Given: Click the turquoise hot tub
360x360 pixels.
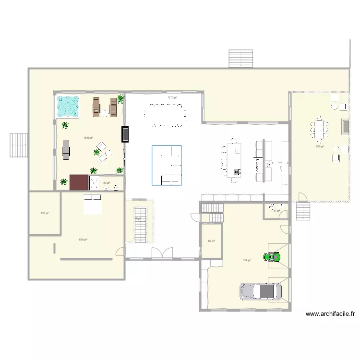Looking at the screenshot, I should [x=68, y=106].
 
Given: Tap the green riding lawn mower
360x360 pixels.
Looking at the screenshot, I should [x=272, y=257].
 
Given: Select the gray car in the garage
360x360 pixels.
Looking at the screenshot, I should [x=261, y=291].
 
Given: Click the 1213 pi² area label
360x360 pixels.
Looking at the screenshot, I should [x=172, y=97].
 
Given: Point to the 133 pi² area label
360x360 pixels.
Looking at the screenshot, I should [x=44, y=213].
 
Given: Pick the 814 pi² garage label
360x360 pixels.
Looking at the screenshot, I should [x=247, y=261].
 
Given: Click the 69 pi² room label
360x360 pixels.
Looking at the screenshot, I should [x=211, y=241].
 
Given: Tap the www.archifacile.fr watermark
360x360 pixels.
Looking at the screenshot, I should [x=330, y=314].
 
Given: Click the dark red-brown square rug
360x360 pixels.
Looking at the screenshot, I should [x=79, y=182].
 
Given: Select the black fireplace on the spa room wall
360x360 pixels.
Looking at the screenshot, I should [x=126, y=134].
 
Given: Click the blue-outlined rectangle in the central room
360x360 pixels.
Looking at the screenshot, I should [x=167, y=165].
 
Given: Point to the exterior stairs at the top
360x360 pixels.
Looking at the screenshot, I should [x=240, y=59].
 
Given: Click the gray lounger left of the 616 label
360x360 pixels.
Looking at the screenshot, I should [x=66, y=149].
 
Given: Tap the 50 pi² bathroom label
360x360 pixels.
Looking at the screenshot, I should [x=107, y=183].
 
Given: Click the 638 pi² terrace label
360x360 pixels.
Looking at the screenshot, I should [x=320, y=146].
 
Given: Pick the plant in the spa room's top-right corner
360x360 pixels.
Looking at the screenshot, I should [x=120, y=99].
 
